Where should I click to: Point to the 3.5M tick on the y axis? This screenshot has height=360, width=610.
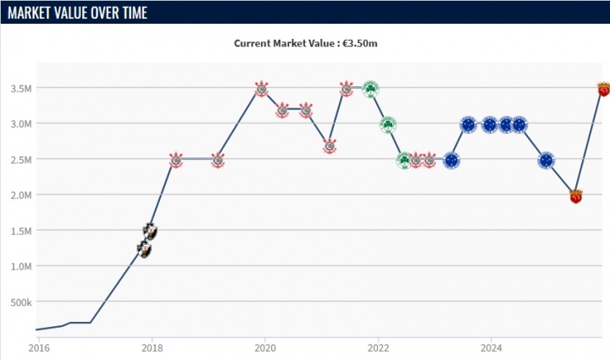click(20, 88)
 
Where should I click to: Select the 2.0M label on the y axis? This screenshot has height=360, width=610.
click(20, 195)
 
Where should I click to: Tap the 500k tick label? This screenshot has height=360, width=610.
click(20, 302)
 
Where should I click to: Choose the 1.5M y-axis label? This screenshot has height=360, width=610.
click(20, 230)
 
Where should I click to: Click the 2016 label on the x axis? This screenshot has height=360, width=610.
click(38, 347)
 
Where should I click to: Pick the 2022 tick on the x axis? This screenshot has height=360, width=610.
click(379, 347)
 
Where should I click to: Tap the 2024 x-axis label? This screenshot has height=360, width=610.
click(492, 347)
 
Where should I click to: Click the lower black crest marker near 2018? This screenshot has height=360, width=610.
click(145, 249)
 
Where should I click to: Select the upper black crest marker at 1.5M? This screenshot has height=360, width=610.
click(150, 230)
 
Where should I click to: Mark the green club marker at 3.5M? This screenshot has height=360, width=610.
click(370, 88)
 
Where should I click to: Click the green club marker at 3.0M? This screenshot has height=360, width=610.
click(388, 125)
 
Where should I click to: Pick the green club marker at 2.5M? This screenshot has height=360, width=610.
click(405, 160)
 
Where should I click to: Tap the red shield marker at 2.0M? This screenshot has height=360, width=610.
click(576, 196)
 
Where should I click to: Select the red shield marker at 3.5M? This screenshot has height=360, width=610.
click(603, 88)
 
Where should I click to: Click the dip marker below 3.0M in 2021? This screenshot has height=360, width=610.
click(330, 147)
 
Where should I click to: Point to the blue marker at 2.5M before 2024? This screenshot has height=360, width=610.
click(451, 160)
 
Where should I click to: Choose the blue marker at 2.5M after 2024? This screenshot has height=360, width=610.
click(546, 160)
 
